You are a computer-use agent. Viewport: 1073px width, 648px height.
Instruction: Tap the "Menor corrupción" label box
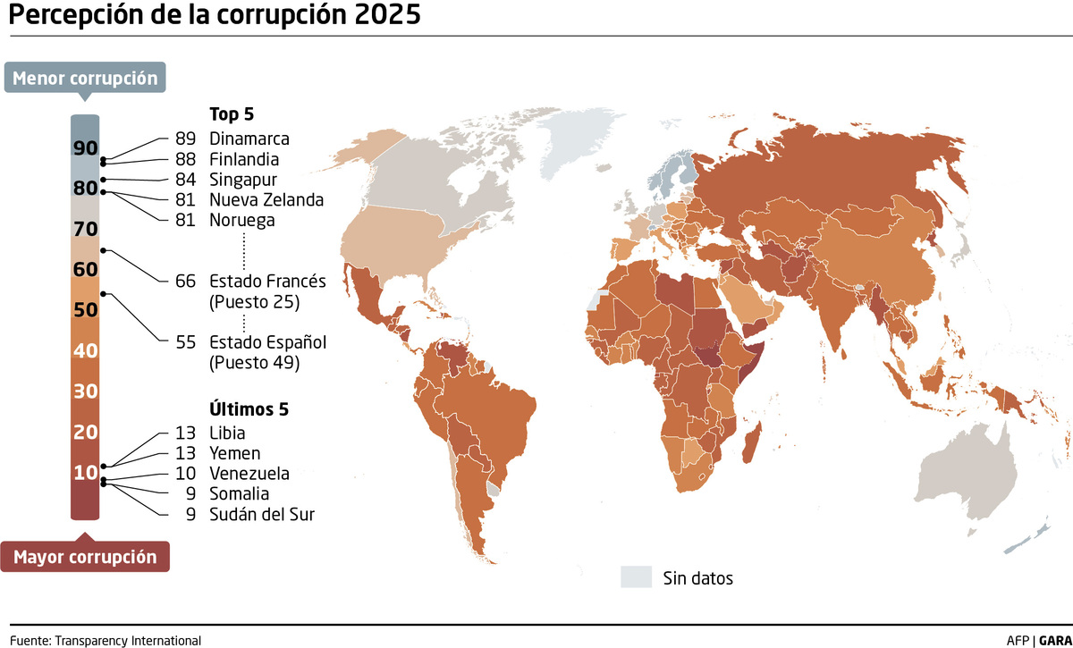tap(85, 78)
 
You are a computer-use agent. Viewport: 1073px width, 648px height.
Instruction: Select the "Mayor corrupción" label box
tap(85, 557)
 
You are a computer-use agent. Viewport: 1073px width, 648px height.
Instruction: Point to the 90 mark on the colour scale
tap(85, 147)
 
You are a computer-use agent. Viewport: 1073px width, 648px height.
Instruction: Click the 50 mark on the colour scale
tap(85, 310)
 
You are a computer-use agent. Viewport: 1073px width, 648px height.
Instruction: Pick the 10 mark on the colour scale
tap(85, 472)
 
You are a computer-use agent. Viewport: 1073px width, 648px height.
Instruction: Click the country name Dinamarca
tap(249, 139)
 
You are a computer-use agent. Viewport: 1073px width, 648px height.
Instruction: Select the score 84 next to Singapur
tap(186, 180)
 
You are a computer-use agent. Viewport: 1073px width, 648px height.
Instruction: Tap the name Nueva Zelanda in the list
tap(266, 199)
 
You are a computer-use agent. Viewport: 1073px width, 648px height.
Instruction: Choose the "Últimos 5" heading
tap(249, 409)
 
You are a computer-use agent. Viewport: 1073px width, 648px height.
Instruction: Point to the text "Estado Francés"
tap(267, 281)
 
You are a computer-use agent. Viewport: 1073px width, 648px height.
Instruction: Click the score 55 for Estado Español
tap(186, 341)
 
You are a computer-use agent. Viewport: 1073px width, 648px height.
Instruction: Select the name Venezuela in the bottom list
tap(249, 473)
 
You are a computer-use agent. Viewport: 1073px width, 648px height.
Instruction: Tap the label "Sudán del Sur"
tap(261, 514)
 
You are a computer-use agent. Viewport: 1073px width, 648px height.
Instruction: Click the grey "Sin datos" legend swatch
tap(636, 576)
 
